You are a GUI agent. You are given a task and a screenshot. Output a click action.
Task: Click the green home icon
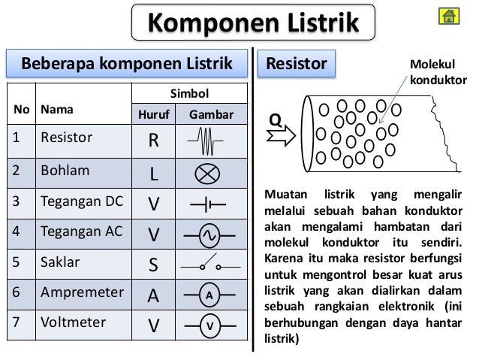click(x=450, y=17)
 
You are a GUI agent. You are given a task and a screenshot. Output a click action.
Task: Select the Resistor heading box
click(x=297, y=64)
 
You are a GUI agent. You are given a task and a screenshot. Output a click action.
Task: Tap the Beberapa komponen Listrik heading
click(x=128, y=64)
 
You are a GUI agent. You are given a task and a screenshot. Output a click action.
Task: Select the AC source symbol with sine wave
click(x=211, y=235)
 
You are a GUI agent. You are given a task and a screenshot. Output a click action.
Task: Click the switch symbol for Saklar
click(x=211, y=265)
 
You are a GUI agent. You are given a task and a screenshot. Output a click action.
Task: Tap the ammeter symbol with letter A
click(x=211, y=295)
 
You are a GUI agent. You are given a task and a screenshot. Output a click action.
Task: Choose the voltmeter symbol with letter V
click(x=211, y=325)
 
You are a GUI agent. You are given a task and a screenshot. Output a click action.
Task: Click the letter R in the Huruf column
click(x=153, y=141)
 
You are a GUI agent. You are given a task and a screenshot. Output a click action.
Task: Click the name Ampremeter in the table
click(x=81, y=292)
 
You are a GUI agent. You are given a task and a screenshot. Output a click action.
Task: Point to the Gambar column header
click(x=211, y=115)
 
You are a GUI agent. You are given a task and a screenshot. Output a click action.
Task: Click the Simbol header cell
click(x=190, y=94)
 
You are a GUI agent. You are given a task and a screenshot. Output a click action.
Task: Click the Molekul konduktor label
click(x=437, y=73)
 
